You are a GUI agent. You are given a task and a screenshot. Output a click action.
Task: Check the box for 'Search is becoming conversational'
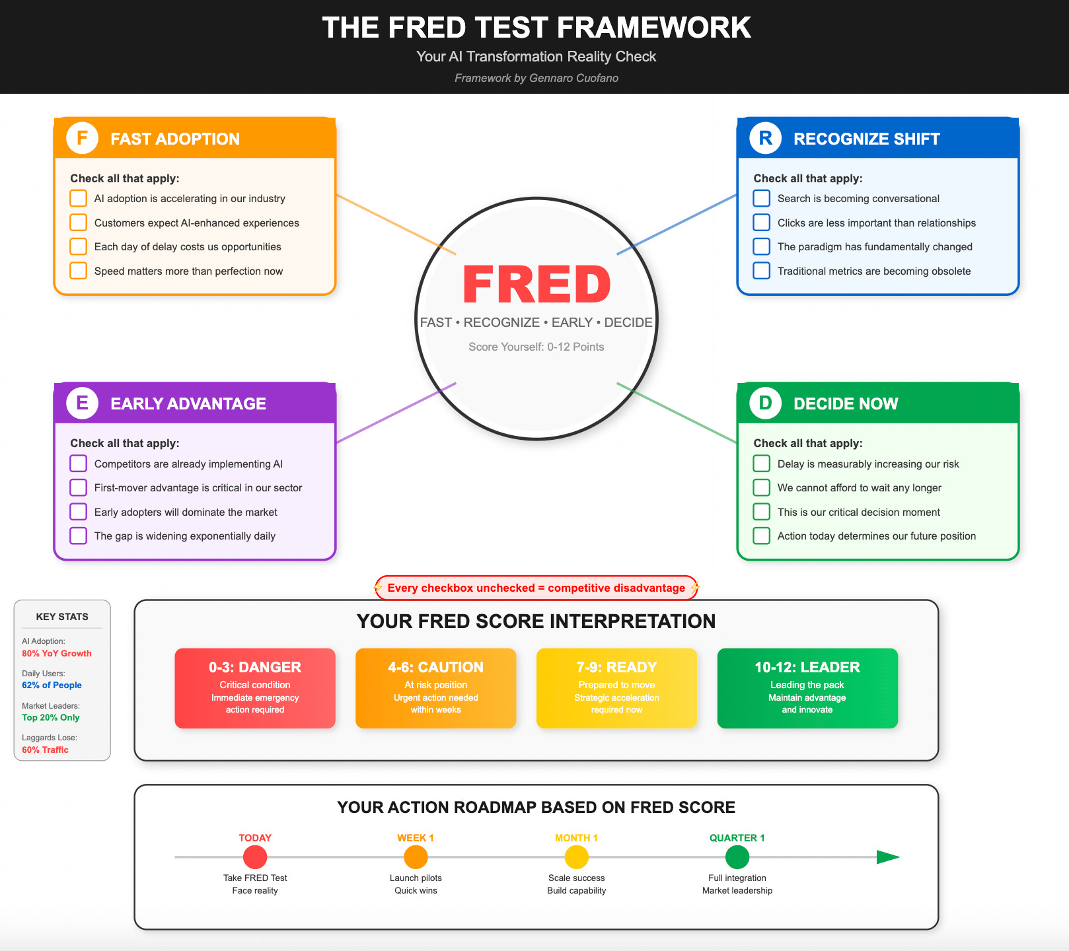[x=762, y=198]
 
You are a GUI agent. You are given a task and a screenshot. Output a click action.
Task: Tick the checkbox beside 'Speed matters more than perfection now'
[x=79, y=271]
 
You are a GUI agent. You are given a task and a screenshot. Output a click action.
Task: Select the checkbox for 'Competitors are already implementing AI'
[x=79, y=464]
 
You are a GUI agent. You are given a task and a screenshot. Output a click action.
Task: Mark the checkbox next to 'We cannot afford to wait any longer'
[x=762, y=487]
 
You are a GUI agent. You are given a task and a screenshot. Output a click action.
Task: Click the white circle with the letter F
[x=83, y=138]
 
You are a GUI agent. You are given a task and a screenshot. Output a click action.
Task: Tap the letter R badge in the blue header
[x=766, y=138]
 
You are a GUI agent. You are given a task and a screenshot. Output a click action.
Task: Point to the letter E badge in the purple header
[x=83, y=403]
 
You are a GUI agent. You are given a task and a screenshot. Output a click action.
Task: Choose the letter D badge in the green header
[x=766, y=403]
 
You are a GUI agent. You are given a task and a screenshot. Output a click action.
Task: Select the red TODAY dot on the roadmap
[x=255, y=857]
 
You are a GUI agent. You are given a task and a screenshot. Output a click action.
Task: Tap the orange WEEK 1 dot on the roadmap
[x=416, y=857]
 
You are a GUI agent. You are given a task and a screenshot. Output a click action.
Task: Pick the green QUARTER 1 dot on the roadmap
[x=737, y=857]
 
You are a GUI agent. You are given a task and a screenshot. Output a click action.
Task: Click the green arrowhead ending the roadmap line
[x=887, y=857]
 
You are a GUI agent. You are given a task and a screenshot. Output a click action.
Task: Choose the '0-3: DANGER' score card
[x=255, y=688]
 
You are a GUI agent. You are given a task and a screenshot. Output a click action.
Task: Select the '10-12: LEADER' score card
[x=807, y=688]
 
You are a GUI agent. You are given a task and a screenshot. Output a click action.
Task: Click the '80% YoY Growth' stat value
[x=57, y=653]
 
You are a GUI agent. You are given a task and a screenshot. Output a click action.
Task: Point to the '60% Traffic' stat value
[x=45, y=750]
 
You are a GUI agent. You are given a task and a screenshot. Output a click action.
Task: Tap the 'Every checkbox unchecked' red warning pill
[x=536, y=588]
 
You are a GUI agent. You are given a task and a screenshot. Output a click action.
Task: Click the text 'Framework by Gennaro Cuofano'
[x=536, y=78]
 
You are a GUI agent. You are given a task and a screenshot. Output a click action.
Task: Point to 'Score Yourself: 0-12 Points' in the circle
[x=536, y=347]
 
